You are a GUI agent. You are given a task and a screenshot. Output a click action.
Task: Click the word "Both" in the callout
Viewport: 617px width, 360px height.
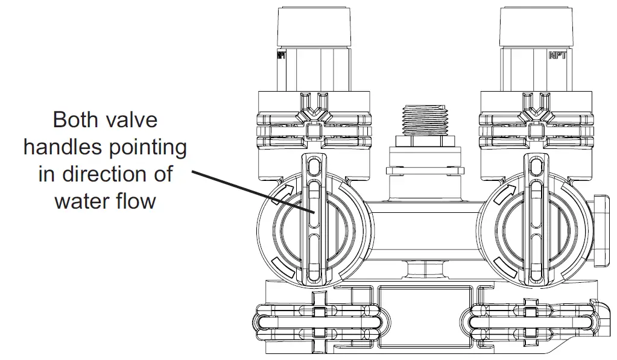[75, 119]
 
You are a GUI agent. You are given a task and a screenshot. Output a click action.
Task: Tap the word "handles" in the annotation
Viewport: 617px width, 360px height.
[63, 147]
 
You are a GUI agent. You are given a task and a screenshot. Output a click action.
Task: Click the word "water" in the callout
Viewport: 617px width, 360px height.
[79, 200]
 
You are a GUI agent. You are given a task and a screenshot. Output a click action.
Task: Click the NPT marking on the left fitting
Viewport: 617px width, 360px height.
[281, 55]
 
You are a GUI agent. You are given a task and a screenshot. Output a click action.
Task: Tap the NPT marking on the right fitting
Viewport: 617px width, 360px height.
[556, 55]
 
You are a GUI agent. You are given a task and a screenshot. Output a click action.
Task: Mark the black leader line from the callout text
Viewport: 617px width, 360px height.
[253, 191]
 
